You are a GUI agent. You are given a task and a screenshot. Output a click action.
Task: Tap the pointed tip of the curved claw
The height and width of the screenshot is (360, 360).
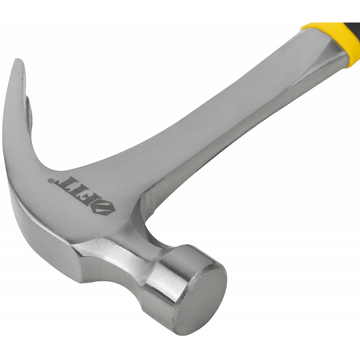click(18, 60)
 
